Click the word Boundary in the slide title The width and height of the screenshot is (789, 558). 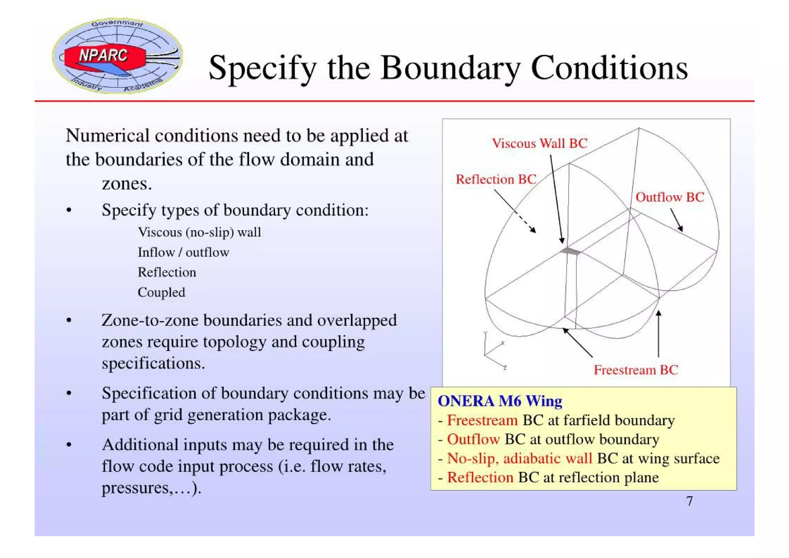click(x=450, y=68)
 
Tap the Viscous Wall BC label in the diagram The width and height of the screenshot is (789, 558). click(x=539, y=143)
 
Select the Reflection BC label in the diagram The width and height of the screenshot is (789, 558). click(x=496, y=179)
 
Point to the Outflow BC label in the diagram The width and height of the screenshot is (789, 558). click(x=670, y=197)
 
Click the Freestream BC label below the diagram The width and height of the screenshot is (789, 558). click(x=636, y=370)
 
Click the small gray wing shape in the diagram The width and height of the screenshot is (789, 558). click(x=571, y=251)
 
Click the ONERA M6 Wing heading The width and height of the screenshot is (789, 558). click(x=500, y=401)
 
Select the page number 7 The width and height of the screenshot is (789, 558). click(x=689, y=501)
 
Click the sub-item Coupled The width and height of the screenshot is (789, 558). click(x=161, y=292)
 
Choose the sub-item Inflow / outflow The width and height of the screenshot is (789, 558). click(x=183, y=252)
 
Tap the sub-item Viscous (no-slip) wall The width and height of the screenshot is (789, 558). click(x=199, y=232)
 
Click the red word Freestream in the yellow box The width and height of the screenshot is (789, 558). click(x=482, y=420)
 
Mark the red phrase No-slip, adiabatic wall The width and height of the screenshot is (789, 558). click(x=519, y=458)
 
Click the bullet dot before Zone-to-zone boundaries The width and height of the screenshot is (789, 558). click(x=69, y=320)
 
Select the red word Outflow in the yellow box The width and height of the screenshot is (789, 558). click(x=473, y=439)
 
